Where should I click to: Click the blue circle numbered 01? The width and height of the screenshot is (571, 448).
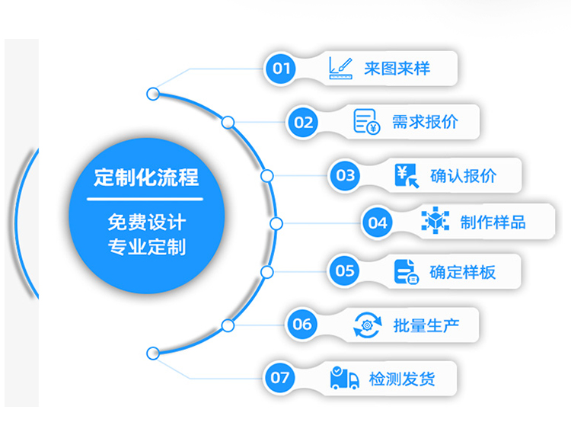tap(282, 69)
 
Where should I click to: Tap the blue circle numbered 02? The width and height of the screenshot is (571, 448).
tap(303, 122)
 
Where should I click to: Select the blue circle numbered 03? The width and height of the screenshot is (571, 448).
tap(346, 175)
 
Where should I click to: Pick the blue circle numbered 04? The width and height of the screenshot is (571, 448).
tap(378, 223)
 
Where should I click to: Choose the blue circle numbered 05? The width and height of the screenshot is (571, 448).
tap(345, 270)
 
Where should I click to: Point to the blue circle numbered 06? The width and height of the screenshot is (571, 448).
tap(302, 325)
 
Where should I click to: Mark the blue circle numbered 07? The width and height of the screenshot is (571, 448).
tap(281, 377)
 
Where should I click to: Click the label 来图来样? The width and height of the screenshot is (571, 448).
tap(397, 69)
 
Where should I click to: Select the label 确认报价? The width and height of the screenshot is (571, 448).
tap(463, 175)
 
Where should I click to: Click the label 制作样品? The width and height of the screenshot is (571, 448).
tap(493, 222)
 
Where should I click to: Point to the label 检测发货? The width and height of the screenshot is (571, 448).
tap(401, 377)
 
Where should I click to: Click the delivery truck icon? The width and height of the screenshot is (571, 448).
tap(344, 377)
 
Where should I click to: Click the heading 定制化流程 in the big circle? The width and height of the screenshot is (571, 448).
tap(145, 178)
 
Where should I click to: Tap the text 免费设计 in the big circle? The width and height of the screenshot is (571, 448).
tap(145, 222)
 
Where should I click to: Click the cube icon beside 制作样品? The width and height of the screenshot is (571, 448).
tap(435, 222)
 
